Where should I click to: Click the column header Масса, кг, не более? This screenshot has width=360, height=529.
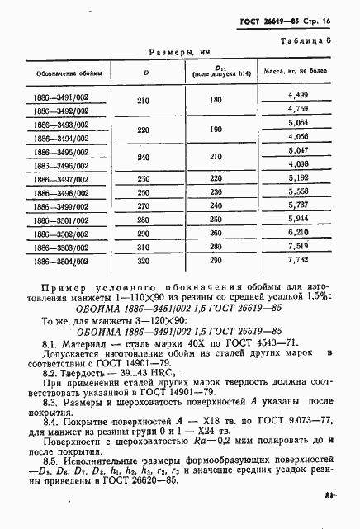point(295,72)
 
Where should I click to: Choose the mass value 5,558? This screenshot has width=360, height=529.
point(296,191)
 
